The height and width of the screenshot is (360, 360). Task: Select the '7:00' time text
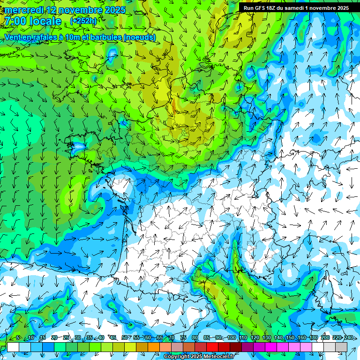pyautogui.click(x=15, y=21)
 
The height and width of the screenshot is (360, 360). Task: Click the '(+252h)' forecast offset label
pyautogui.click(x=83, y=21)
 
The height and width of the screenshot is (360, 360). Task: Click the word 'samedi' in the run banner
pyautogui.click(x=297, y=8)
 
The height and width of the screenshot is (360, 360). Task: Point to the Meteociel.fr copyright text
pyautogui.click(x=199, y=357)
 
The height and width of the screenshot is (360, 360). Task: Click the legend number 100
pyautogui.click(x=232, y=338)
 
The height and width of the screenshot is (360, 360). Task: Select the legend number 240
pyautogui.click(x=349, y=338)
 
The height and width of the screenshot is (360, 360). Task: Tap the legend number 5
pyautogui.click(x=18, y=338)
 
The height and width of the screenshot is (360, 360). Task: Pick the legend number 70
pyautogui.click(x=172, y=338)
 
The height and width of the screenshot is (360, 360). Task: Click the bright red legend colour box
pyautogui.click(x=212, y=347)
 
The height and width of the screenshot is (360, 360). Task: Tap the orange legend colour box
pyautogui.click(x=154, y=347)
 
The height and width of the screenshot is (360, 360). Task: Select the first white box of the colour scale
pyautogui.click(x=13, y=347)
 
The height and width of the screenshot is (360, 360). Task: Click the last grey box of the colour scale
pyautogui.click(x=341, y=347)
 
